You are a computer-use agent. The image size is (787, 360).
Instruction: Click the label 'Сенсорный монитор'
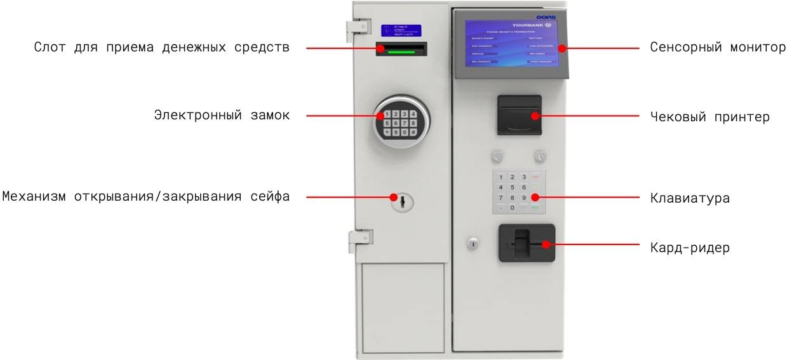click(718, 48)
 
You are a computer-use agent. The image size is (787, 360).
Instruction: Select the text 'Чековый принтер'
click(710, 117)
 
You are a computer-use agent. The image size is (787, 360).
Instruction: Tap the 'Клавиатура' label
click(689, 198)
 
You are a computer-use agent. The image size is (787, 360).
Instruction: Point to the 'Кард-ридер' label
click(689, 248)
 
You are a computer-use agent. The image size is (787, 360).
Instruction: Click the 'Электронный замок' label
click(222, 116)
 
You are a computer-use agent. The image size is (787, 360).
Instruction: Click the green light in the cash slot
click(400, 53)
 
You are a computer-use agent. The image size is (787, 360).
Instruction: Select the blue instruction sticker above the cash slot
click(401, 30)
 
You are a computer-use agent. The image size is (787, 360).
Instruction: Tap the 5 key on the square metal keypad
click(512, 187)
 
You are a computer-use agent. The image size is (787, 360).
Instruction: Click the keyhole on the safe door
click(401, 202)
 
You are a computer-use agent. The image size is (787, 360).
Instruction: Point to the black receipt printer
click(519, 115)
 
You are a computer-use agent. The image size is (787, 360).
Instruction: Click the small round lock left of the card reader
click(472, 243)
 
